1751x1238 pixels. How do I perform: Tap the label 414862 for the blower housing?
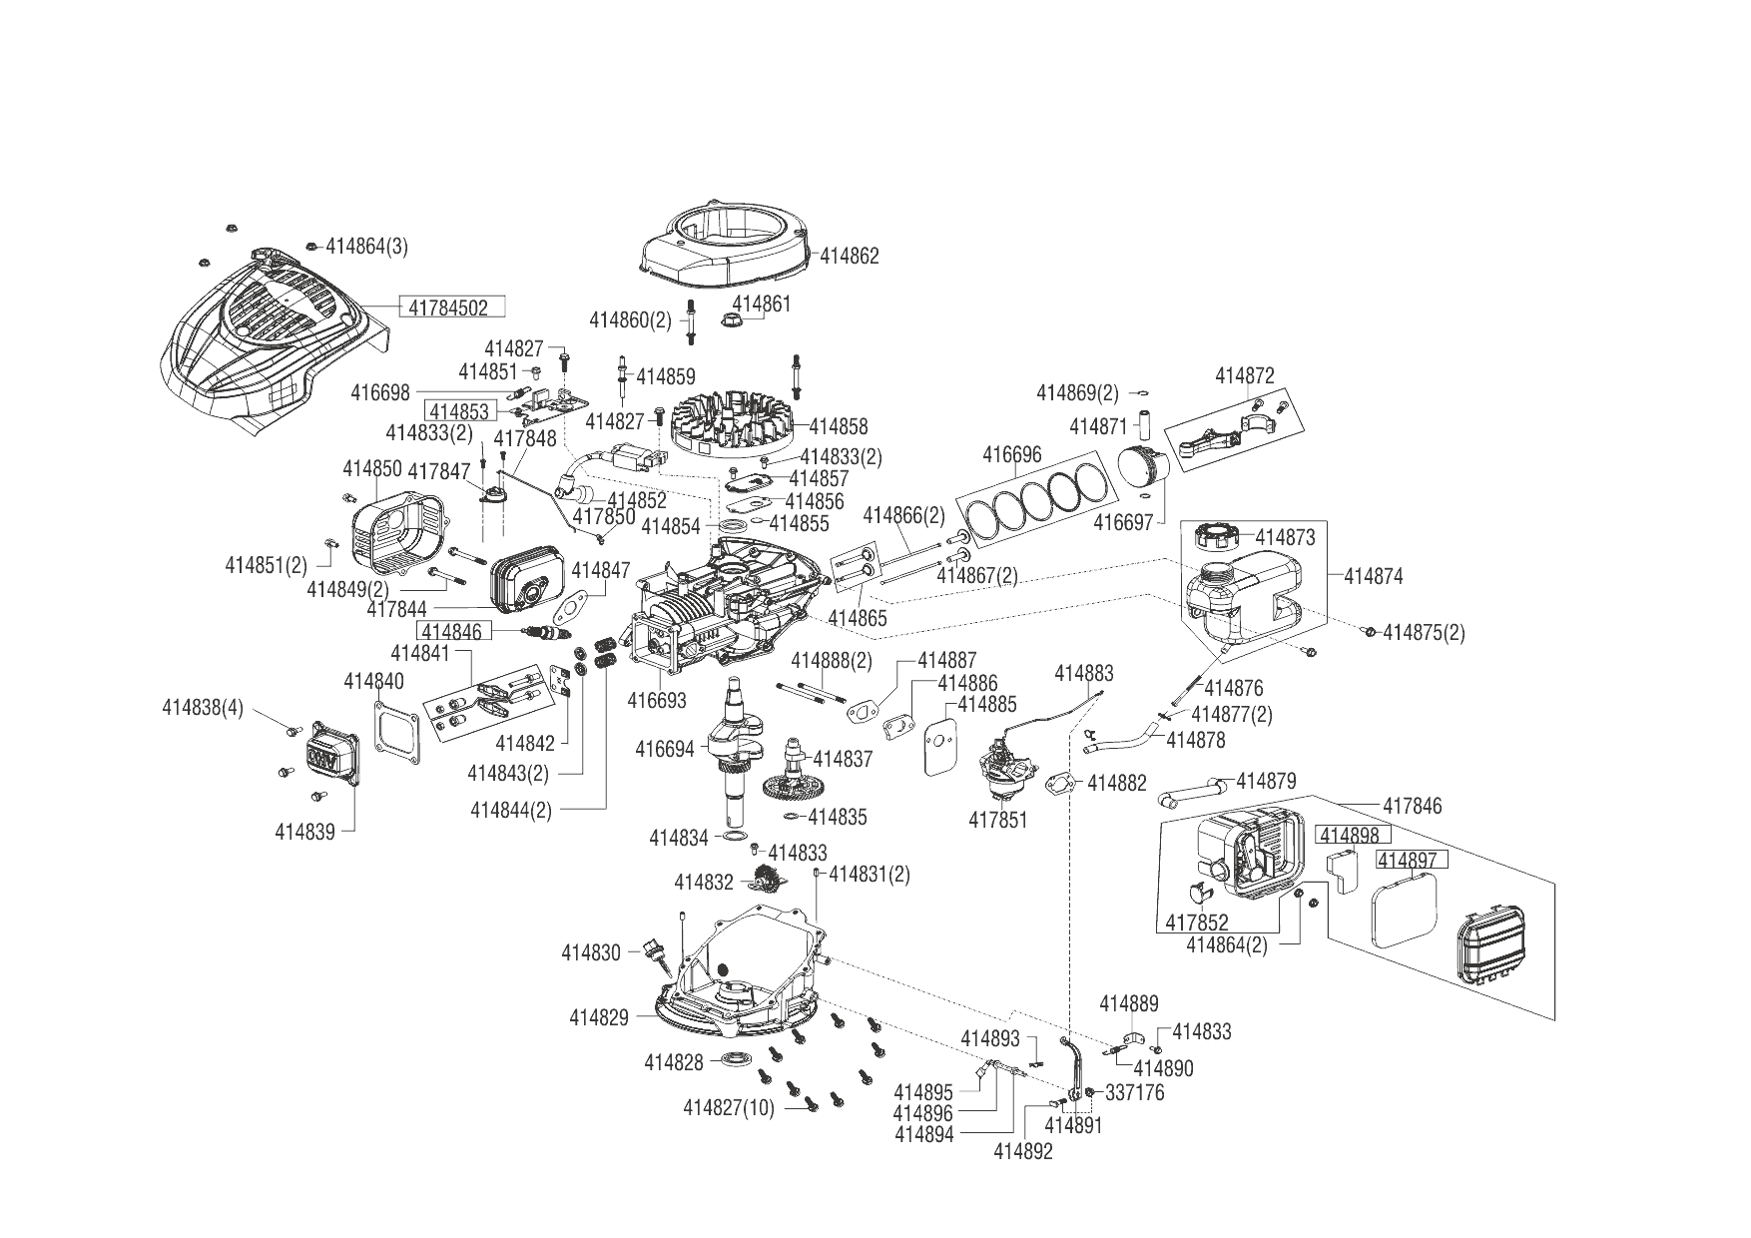(850, 257)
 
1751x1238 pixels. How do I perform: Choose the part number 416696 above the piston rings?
(1011, 455)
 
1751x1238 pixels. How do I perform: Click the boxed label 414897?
(1412, 860)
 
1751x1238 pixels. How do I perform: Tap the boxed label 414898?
(1348, 835)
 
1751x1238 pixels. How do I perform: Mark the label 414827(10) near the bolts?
(729, 1107)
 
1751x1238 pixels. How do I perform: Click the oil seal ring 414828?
(738, 1058)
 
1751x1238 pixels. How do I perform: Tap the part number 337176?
(1135, 1093)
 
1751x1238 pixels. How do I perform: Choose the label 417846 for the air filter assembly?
(1412, 806)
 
